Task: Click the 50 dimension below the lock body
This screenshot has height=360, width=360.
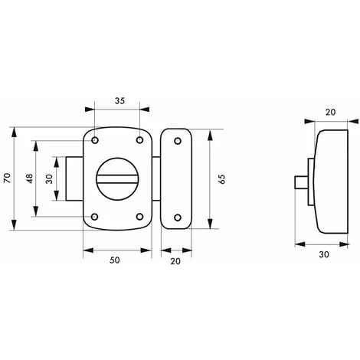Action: pyautogui.click(x=116, y=260)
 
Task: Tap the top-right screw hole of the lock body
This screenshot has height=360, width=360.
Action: pyautogui.click(x=139, y=140)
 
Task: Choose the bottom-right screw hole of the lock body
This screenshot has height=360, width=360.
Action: pyautogui.click(x=139, y=216)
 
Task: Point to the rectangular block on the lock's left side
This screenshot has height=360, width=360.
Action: pyautogui.click(x=74, y=178)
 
